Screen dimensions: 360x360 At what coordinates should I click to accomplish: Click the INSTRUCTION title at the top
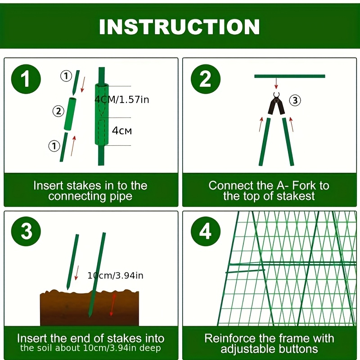click(180, 27)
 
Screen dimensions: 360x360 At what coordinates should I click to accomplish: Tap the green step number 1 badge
click(26, 79)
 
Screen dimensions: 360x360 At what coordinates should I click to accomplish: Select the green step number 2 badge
click(206, 79)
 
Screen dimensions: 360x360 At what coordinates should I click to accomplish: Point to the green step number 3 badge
click(26, 231)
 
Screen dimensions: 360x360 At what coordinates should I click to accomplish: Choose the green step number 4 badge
click(206, 231)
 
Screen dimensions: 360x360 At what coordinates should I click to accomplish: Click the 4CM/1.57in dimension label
click(121, 99)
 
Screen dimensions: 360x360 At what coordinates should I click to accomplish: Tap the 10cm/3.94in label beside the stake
click(115, 275)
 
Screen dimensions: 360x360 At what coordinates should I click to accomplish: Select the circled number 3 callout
click(295, 100)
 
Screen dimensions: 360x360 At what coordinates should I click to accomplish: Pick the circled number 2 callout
click(58, 111)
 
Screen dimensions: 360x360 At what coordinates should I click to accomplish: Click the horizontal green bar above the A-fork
click(290, 76)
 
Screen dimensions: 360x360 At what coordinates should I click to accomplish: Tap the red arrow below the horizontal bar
click(276, 83)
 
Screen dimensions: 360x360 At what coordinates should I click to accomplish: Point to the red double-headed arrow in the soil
click(112, 305)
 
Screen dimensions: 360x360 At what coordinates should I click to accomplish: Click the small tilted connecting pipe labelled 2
click(70, 114)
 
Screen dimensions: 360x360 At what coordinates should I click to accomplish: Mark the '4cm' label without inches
click(121, 130)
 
